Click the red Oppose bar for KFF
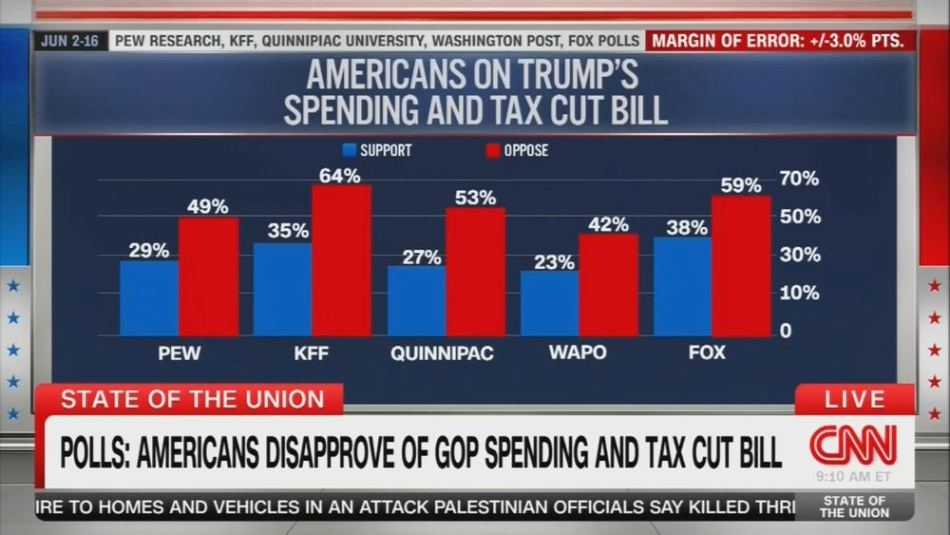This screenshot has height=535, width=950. pyautogui.click(x=341, y=260)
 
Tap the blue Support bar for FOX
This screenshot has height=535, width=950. pyautogui.click(x=682, y=286)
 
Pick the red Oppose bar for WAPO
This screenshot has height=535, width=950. pyautogui.click(x=608, y=284)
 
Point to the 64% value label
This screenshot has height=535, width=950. pyautogui.click(x=339, y=176)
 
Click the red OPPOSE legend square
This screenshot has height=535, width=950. pyautogui.click(x=492, y=150)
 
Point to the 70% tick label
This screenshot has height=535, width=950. pyautogui.click(x=799, y=179)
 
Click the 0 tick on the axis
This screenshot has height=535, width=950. pyautogui.click(x=786, y=331)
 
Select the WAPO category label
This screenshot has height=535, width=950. pyautogui.click(x=578, y=353)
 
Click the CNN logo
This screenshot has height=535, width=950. pyautogui.click(x=852, y=444)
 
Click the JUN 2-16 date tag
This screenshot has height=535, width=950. pyautogui.click(x=70, y=41)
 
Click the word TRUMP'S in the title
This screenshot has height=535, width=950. pyautogui.click(x=568, y=75)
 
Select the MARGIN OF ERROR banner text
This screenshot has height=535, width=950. pyautogui.click(x=782, y=41)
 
